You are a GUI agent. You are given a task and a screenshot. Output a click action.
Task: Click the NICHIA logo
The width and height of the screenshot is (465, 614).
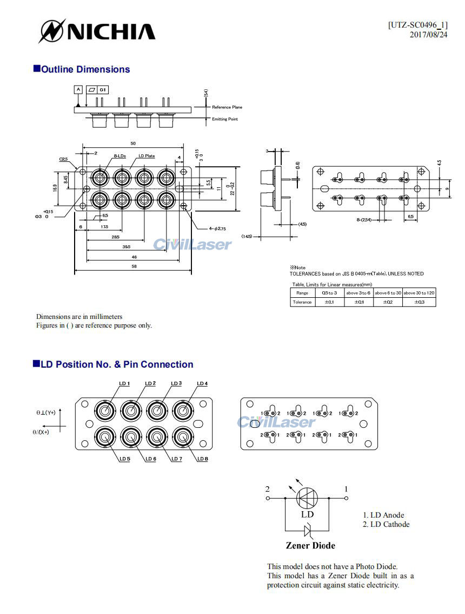(x=97, y=31)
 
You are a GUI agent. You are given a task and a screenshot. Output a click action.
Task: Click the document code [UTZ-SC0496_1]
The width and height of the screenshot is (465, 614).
(x=417, y=25)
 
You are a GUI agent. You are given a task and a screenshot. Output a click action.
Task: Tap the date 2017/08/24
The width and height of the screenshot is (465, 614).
(x=428, y=35)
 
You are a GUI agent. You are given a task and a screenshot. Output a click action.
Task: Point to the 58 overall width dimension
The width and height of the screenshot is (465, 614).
(x=134, y=266)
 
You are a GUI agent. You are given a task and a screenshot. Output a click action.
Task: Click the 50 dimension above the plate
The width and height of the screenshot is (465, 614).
(x=133, y=143)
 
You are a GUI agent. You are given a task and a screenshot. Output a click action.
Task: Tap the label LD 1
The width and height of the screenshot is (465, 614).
(x=124, y=384)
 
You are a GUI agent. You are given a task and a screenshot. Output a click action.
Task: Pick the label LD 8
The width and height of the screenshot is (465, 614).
(x=202, y=459)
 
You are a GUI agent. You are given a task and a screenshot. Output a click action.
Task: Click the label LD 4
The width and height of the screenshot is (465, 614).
(x=202, y=384)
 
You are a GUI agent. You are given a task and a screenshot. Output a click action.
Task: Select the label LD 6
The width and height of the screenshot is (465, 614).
(x=150, y=459)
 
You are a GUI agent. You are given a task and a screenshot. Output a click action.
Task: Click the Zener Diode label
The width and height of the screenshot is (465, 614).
(x=310, y=545)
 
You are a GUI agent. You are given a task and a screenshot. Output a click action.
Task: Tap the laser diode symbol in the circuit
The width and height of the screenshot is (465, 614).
(x=307, y=498)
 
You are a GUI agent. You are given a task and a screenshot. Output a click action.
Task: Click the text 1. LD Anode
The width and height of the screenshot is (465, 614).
(x=383, y=515)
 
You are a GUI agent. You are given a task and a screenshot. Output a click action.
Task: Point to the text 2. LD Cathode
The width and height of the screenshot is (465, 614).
(x=386, y=524)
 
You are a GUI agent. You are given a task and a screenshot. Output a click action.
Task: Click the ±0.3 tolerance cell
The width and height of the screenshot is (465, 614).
(x=419, y=302)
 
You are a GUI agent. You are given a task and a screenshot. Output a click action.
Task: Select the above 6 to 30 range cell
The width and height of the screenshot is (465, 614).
(x=388, y=292)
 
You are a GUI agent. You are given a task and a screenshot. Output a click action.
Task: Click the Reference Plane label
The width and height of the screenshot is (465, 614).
(x=227, y=107)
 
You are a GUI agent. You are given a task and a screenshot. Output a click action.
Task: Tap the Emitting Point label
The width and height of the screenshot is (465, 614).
(x=224, y=119)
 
